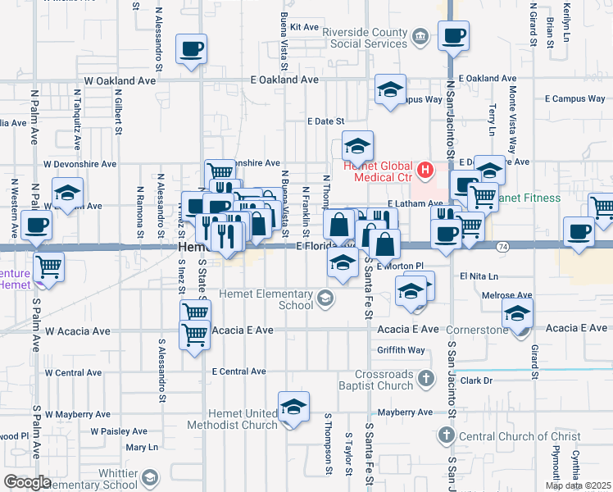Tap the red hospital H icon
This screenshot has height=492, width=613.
point(425,170)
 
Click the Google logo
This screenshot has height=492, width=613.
point(27,482)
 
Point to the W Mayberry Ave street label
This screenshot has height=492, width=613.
point(78,414)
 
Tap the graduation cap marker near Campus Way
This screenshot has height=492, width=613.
point(391,89)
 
